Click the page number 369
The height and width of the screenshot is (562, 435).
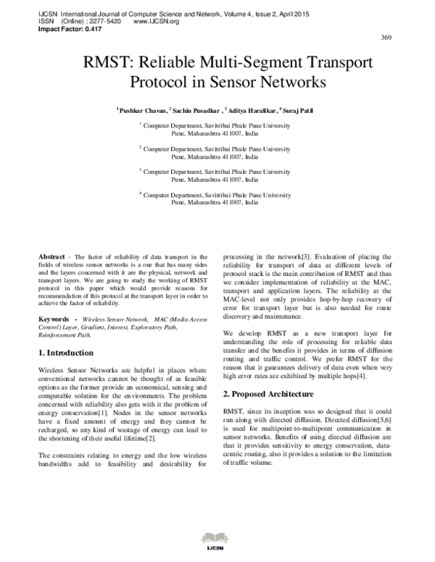point(386,37)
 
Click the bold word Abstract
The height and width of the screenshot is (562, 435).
point(51,258)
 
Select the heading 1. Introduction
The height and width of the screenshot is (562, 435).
point(67,353)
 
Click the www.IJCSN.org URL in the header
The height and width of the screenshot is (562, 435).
point(157,21)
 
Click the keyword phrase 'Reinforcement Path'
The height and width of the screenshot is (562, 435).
point(66,335)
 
